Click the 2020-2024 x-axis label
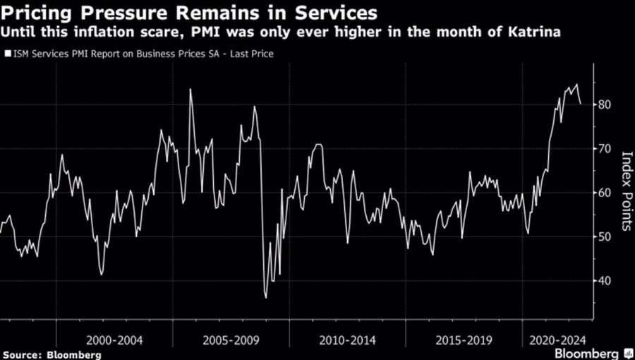coord(557,340)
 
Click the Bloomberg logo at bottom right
coord(591,352)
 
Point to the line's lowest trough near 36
coord(266,297)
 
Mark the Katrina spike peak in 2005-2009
coord(190,90)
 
